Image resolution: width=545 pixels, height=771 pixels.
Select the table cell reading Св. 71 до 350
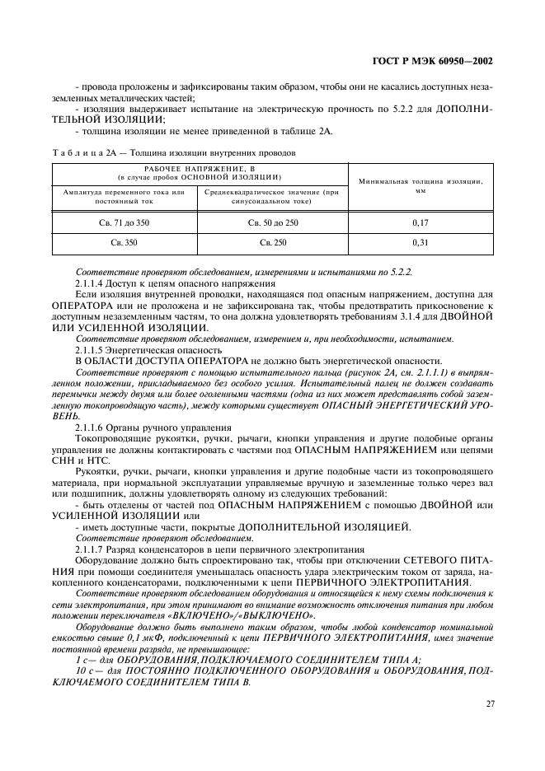(125, 222)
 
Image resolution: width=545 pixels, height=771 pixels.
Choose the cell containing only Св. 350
(125, 244)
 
